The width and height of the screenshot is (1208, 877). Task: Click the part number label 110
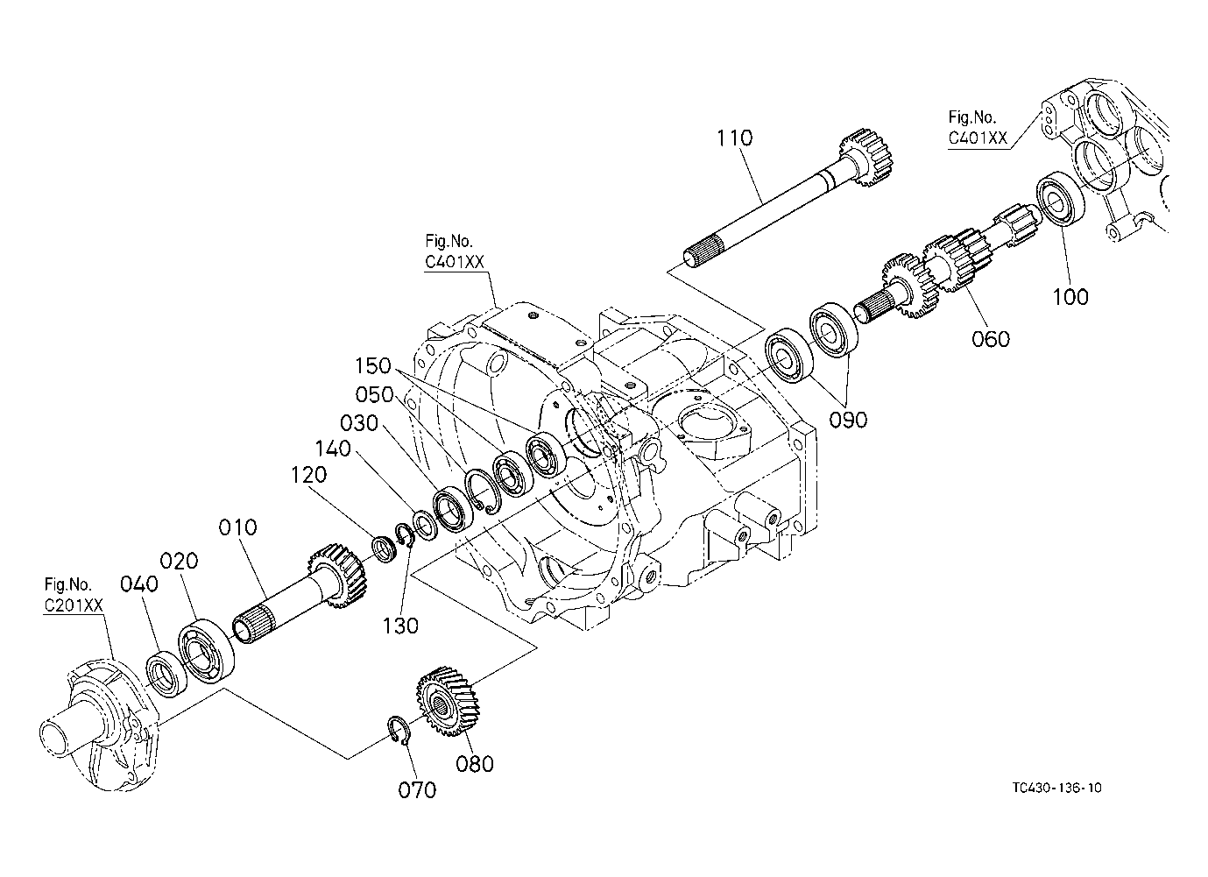tap(734, 138)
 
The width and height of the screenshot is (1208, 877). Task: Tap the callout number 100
tap(1070, 297)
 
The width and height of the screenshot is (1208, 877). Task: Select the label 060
tap(991, 339)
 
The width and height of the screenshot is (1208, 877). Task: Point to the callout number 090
tap(848, 420)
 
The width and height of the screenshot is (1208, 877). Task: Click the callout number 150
tap(372, 366)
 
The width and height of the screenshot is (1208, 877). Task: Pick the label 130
tap(400, 626)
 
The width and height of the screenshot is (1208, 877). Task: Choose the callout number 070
tap(417, 790)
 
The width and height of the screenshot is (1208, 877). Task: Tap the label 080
tap(475, 764)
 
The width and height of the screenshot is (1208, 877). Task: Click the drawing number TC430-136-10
tap(1056, 788)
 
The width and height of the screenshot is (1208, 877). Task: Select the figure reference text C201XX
tap(74, 605)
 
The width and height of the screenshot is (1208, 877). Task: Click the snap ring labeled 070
tap(400, 731)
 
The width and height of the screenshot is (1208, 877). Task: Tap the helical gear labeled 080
tap(447, 701)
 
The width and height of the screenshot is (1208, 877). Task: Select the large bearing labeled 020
tap(206, 651)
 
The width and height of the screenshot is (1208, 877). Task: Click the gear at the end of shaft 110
tap(865, 158)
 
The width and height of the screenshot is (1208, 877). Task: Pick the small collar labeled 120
tap(386, 549)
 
